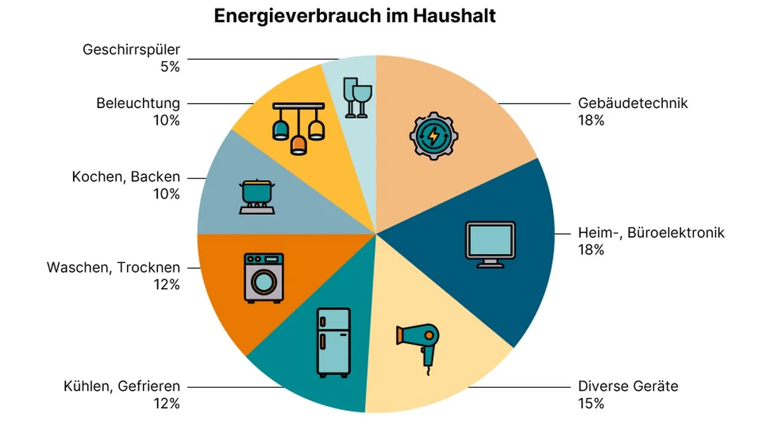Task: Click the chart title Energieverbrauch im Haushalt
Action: (354, 16)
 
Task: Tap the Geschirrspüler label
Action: (131, 50)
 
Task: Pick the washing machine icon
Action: (264, 276)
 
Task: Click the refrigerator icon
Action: (333, 341)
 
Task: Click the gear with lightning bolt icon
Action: (434, 135)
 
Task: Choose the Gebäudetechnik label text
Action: (633, 103)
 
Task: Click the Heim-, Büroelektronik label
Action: (651, 233)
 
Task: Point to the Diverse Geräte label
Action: (628, 386)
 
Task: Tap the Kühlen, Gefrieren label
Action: (121, 386)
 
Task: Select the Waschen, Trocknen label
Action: (113, 268)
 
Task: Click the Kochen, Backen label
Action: (126, 177)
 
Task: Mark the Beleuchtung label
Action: (138, 103)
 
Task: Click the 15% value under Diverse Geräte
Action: (591, 403)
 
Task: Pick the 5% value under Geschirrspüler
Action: (170, 65)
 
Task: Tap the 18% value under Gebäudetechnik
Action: (591, 120)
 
